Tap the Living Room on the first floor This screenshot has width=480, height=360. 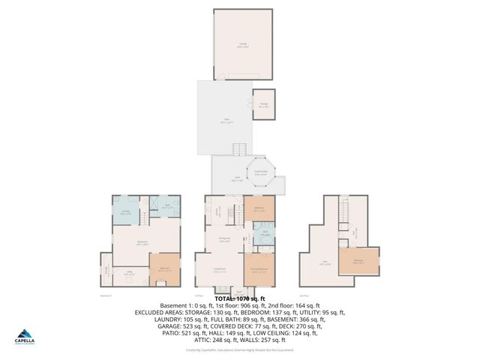click(219, 272)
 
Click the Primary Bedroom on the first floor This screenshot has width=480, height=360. click(259, 272)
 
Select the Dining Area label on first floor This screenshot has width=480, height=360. click(223, 239)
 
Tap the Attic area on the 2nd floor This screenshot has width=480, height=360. click(325, 262)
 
